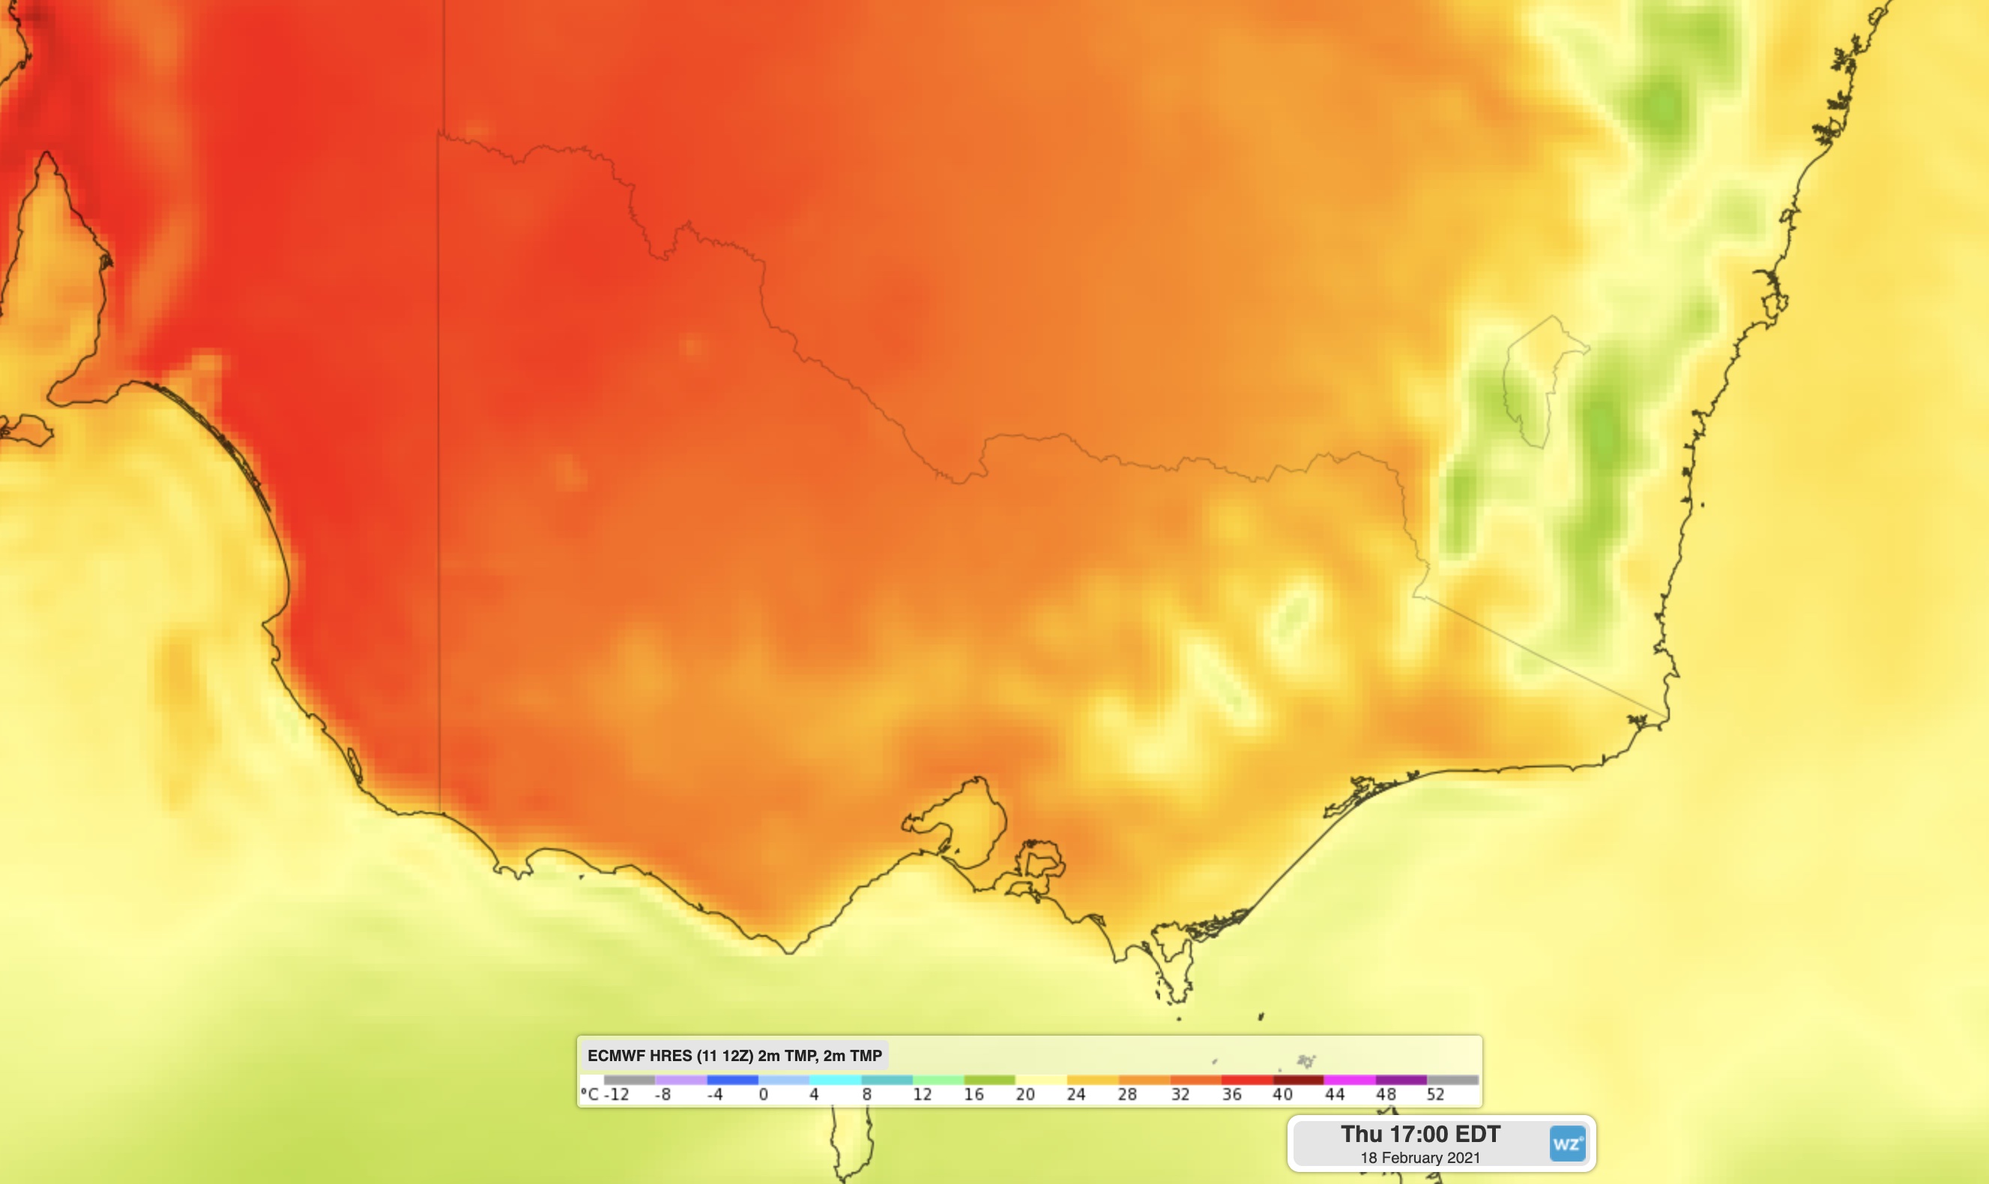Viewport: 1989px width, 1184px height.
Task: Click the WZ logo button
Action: pyautogui.click(x=1566, y=1144)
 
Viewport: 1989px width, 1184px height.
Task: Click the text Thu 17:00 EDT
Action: pyautogui.click(x=1419, y=1134)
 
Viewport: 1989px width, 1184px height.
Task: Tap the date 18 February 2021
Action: pyautogui.click(x=1419, y=1158)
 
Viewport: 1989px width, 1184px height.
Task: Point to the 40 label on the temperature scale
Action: pyautogui.click(x=1282, y=1095)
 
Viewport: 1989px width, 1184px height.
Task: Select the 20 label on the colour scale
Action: pyautogui.click(x=1025, y=1095)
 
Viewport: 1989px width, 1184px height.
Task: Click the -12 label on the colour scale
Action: pyautogui.click(x=616, y=1095)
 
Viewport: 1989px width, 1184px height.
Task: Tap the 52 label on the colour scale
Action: pyautogui.click(x=1435, y=1095)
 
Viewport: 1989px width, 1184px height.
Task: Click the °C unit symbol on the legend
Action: pyautogui.click(x=589, y=1095)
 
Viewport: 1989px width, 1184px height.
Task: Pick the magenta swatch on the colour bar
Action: pyautogui.click(x=1350, y=1080)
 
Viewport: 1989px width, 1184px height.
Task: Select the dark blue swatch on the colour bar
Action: pyautogui.click(x=731, y=1080)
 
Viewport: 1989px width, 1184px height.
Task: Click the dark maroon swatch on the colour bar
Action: pyautogui.click(x=1298, y=1080)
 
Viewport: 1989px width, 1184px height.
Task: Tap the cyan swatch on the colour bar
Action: pyautogui.click(x=835, y=1080)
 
